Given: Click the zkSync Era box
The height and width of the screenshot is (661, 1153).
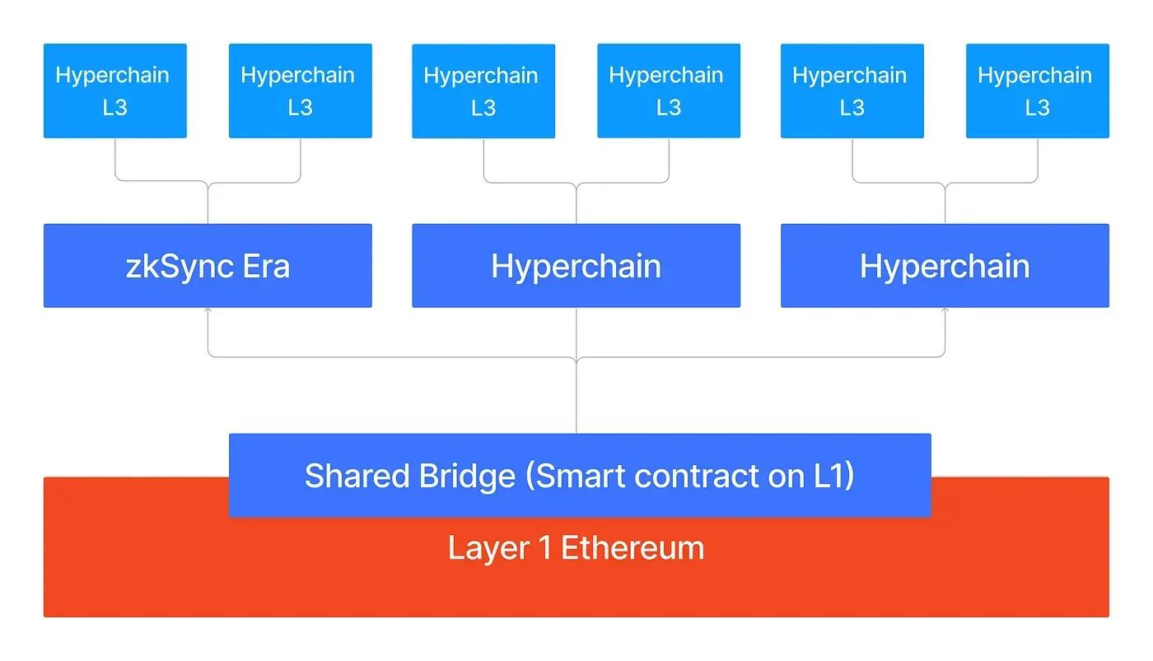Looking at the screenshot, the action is [x=208, y=265].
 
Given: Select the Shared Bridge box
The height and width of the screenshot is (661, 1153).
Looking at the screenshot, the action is [x=580, y=475].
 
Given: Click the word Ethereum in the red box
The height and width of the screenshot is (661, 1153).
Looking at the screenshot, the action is [x=633, y=547].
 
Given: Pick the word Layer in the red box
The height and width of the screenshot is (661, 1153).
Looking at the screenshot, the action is [x=488, y=548].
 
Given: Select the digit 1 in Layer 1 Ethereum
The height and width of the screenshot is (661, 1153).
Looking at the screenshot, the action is [x=544, y=547].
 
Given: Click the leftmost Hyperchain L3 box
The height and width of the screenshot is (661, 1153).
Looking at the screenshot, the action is [x=114, y=91].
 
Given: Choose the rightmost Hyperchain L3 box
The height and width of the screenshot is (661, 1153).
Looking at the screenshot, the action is [x=1037, y=91].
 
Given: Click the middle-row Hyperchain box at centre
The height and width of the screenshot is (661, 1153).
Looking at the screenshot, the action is [x=576, y=265].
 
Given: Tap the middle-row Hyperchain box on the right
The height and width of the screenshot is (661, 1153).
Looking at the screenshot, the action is [x=945, y=265].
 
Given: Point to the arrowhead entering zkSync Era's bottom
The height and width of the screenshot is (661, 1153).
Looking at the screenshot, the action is [x=208, y=310].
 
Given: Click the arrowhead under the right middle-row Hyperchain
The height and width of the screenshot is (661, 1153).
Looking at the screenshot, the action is [x=945, y=310].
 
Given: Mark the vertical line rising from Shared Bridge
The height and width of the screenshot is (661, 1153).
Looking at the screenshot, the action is [x=576, y=396].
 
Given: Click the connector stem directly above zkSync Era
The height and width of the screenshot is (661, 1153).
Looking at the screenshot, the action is [x=208, y=204].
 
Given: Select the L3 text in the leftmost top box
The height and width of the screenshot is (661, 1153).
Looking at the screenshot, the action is [x=114, y=108].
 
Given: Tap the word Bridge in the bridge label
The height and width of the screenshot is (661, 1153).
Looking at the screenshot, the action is [x=467, y=477].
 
